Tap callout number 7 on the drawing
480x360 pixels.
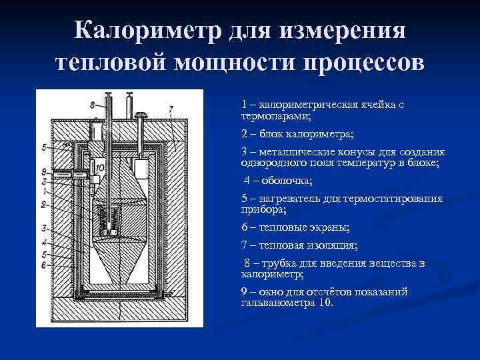[171, 108]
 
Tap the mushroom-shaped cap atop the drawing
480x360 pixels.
[142, 117]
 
